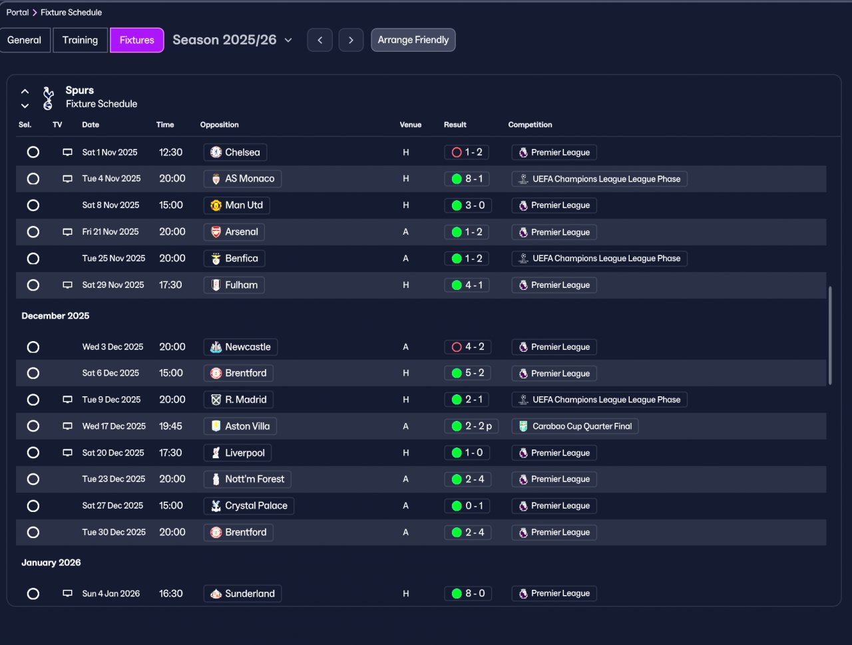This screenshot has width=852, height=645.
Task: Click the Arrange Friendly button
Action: [x=413, y=40]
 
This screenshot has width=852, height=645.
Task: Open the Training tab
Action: [x=80, y=40]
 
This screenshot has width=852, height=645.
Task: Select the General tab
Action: [x=25, y=40]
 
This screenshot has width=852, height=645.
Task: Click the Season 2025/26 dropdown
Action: [x=232, y=40]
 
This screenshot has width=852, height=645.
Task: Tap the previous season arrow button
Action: [x=319, y=40]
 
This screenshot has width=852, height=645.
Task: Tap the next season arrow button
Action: [x=351, y=40]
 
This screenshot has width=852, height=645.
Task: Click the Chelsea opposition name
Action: [x=242, y=152]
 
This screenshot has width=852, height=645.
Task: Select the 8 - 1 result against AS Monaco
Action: [x=467, y=179]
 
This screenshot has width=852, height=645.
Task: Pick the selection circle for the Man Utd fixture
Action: [x=33, y=205]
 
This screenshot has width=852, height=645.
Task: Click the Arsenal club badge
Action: [x=216, y=232]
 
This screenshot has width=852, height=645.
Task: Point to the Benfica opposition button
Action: [x=234, y=259]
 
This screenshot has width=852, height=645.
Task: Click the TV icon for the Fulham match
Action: [x=67, y=285]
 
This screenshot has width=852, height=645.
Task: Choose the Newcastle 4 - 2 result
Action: [x=467, y=347]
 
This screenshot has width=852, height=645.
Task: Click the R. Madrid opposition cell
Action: [x=238, y=400]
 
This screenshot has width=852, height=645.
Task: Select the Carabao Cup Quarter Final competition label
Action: [x=575, y=426]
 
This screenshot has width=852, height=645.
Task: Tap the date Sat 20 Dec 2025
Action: [x=113, y=453]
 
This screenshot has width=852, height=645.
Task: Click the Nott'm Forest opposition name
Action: [x=254, y=479]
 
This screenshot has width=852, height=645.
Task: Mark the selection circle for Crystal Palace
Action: [x=33, y=506]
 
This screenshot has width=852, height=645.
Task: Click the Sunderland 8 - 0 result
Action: [x=467, y=594]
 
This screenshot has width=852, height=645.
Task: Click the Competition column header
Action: [x=530, y=125]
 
